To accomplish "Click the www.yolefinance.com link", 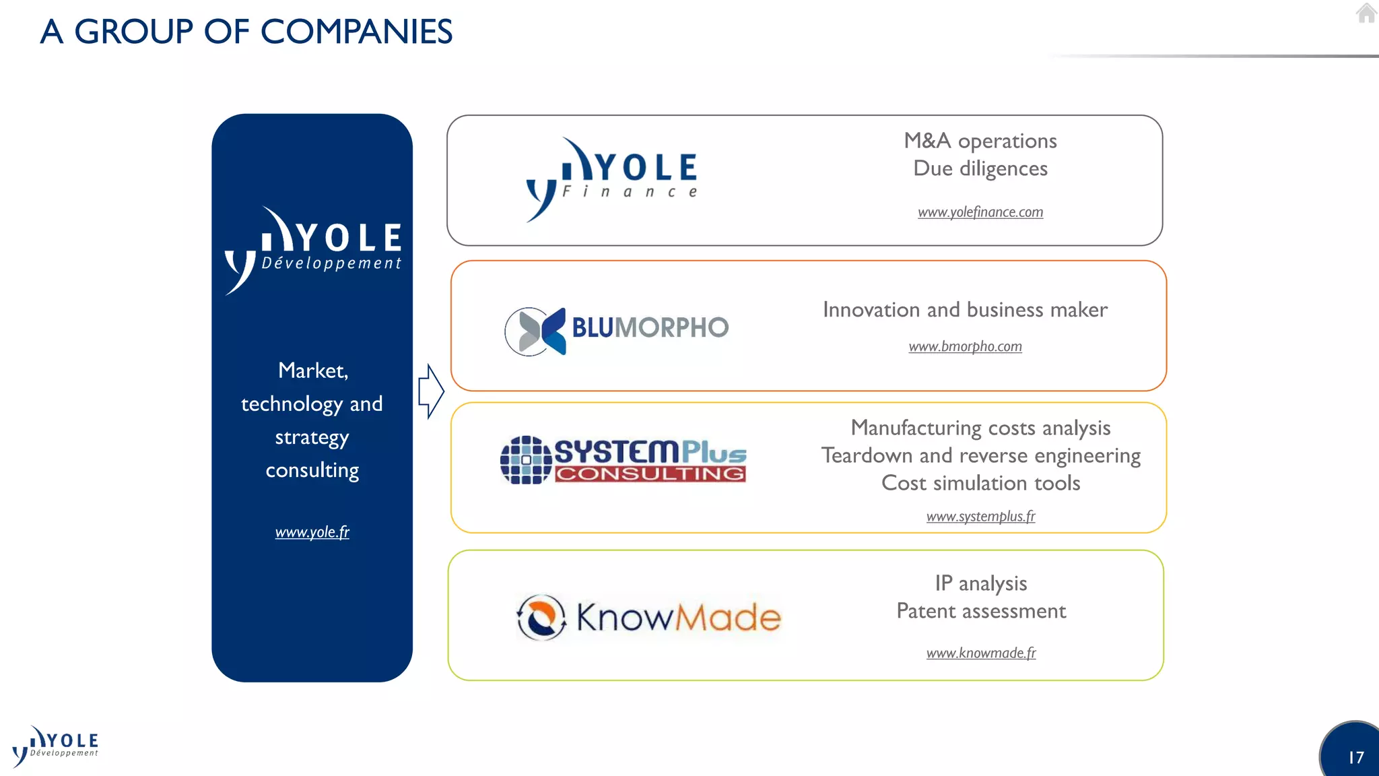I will pos(980,212).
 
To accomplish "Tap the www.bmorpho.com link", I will pos(965,346).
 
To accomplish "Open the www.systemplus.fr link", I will pos(980,517).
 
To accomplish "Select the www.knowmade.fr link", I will pos(981,653).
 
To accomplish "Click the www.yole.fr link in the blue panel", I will pos(312,532).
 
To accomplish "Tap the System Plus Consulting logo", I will pos(624,460).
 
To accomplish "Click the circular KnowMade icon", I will pos(541,617).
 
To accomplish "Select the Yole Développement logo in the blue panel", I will pos(313,250).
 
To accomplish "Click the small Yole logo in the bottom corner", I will pos(55,746).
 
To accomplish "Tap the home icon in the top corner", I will pos(1366,13).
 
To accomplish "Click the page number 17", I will pos(1355,758).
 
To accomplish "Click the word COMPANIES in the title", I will pos(356,32).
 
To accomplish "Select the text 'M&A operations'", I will pos(980,141).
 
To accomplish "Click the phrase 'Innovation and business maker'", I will pos(965,310).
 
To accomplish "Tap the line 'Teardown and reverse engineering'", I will pos(980,456).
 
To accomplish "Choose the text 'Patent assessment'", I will pos(981,611).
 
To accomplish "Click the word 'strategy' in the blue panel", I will pos(312,437).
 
